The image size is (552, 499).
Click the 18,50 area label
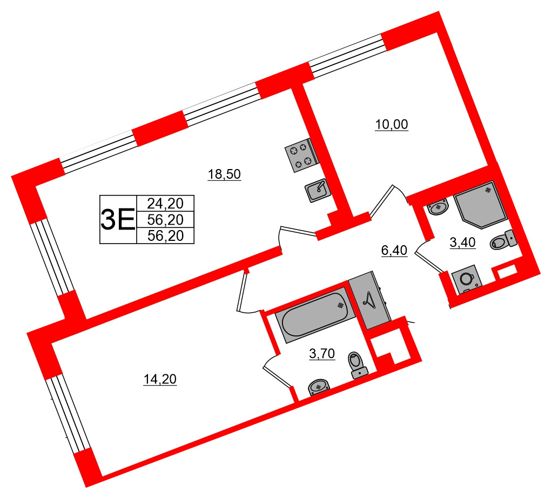(224, 174)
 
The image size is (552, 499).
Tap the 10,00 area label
(392, 125)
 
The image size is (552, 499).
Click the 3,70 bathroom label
(322, 354)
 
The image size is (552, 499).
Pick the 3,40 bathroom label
(462, 242)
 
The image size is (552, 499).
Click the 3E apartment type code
(118, 219)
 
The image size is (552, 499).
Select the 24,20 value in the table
(165, 204)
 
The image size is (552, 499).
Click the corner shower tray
(480, 204)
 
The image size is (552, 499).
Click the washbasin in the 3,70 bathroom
(319, 387)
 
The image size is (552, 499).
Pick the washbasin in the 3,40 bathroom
(437, 207)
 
